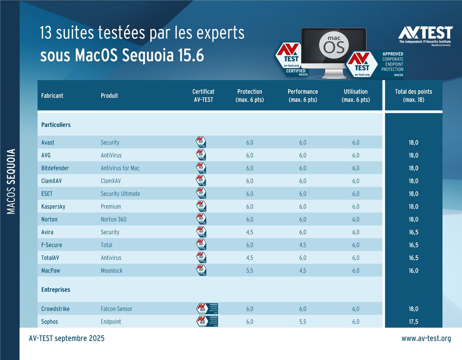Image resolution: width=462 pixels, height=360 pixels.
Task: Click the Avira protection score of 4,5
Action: pyautogui.click(x=249, y=232)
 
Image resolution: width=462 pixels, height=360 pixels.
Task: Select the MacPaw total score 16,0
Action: pyautogui.click(x=414, y=271)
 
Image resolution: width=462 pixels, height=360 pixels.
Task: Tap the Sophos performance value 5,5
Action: pyautogui.click(x=302, y=322)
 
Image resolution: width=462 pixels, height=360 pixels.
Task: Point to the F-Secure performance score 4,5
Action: pyautogui.click(x=302, y=245)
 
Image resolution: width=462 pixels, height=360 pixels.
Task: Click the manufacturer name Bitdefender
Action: pyautogui.click(x=55, y=168)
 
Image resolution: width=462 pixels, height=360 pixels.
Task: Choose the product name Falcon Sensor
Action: pyautogui.click(x=117, y=309)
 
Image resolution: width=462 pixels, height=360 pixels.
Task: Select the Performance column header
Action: pyautogui.click(x=302, y=95)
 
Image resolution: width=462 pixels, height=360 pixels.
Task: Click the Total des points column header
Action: pyautogui.click(x=414, y=95)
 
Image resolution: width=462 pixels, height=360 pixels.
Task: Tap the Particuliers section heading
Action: pyautogui.click(x=56, y=125)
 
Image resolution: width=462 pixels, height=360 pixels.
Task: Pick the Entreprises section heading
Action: pyautogui.click(x=56, y=289)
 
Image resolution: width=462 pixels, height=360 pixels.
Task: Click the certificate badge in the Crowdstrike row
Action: pyautogui.click(x=207, y=309)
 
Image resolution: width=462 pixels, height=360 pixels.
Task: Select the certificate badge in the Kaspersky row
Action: pyautogui.click(x=201, y=207)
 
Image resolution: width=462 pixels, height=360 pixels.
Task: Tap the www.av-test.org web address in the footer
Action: pyautogui.click(x=426, y=338)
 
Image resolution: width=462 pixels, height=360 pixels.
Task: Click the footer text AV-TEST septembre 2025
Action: pyautogui.click(x=67, y=338)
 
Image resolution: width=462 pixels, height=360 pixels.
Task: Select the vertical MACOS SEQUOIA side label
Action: pyautogui.click(x=11, y=181)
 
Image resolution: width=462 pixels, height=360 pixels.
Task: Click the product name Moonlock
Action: pyautogui.click(x=112, y=271)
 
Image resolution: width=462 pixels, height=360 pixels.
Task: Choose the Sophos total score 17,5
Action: pyautogui.click(x=414, y=322)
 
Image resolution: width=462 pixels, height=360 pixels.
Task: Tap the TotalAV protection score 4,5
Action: pyautogui.click(x=249, y=258)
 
